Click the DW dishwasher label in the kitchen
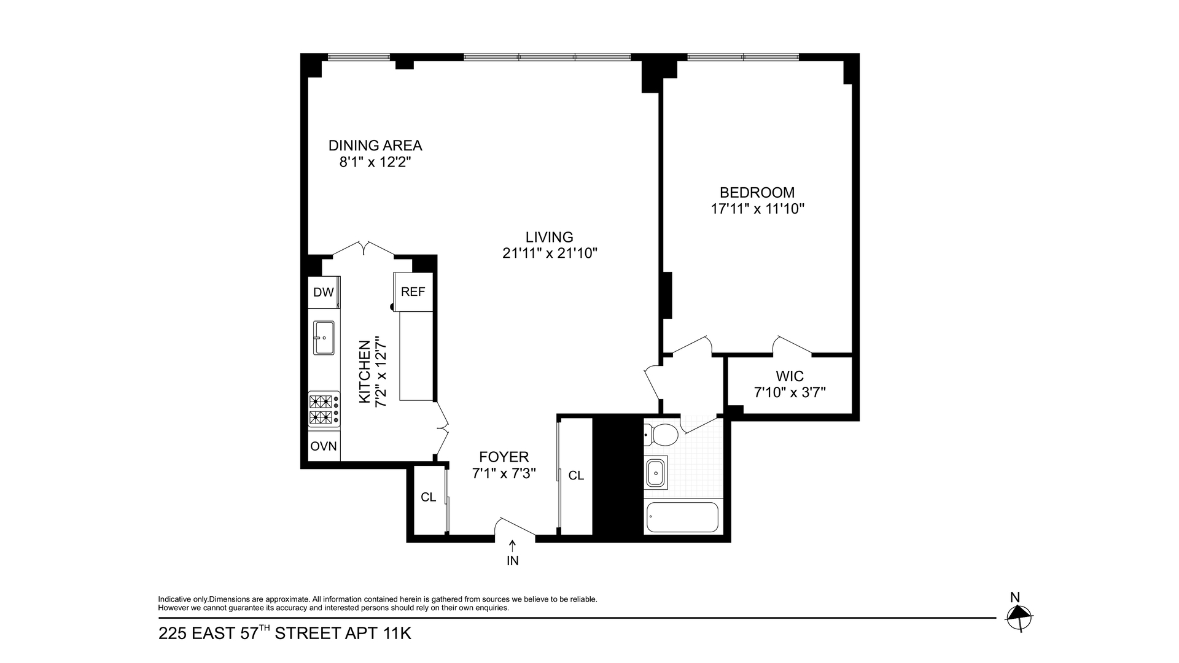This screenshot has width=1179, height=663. pyautogui.click(x=323, y=292)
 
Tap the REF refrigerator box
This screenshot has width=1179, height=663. pyautogui.click(x=413, y=292)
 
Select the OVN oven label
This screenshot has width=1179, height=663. pyautogui.click(x=323, y=446)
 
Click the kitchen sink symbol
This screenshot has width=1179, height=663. pyautogui.click(x=324, y=337)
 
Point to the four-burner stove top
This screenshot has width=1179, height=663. pyautogui.click(x=324, y=410)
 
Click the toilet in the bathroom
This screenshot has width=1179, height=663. pyautogui.click(x=662, y=435)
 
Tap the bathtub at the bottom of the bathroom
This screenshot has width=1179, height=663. pyautogui.click(x=682, y=518)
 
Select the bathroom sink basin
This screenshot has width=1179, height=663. pyautogui.click(x=656, y=473)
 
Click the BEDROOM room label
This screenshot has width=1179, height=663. pyautogui.click(x=757, y=193)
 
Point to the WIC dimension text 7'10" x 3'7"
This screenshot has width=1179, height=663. pyautogui.click(x=790, y=392)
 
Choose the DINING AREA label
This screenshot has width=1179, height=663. pyautogui.click(x=375, y=146)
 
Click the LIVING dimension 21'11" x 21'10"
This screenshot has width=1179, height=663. pyautogui.click(x=550, y=253)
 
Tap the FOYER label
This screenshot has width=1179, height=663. pyautogui.click(x=504, y=457)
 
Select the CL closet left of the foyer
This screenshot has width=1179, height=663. pyautogui.click(x=428, y=497)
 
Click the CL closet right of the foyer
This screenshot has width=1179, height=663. pyautogui.click(x=576, y=476)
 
